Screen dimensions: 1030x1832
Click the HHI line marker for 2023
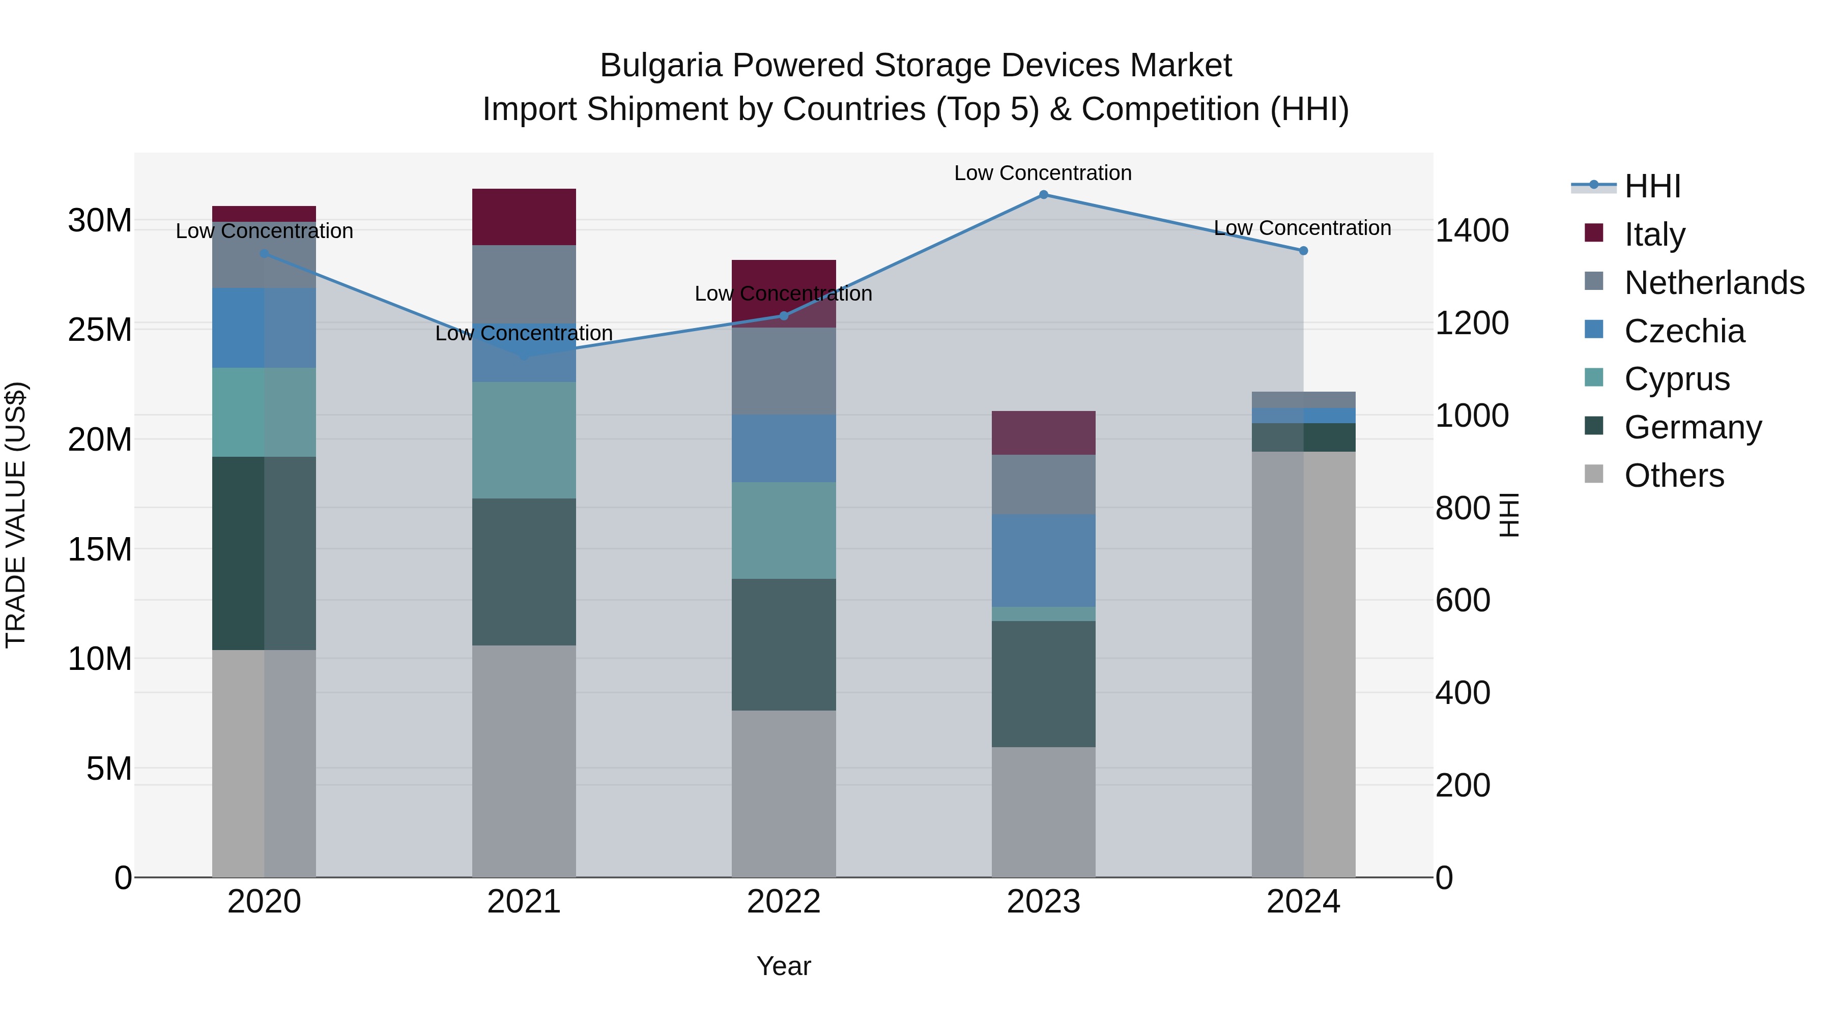(1043, 195)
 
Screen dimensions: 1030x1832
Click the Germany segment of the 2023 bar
(1043, 684)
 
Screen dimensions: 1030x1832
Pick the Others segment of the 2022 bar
(784, 793)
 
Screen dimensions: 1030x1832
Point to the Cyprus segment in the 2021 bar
(524, 440)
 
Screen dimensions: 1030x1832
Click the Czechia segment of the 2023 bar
(1043, 560)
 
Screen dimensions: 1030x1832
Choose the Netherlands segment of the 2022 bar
(784, 371)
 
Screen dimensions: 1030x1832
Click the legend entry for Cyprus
(1676, 379)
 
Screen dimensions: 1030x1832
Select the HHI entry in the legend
(1652, 186)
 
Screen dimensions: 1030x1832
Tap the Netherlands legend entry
(1713, 283)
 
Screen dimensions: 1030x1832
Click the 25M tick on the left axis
(100, 330)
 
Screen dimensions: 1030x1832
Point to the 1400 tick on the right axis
(1471, 231)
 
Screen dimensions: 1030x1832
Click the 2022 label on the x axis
(784, 902)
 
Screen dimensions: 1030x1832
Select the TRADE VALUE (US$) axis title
(16, 515)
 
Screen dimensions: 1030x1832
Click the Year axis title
(784, 966)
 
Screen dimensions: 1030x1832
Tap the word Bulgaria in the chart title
(662, 66)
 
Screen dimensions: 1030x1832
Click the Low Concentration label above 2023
(1043, 173)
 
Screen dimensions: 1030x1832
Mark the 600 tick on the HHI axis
(1462, 601)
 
